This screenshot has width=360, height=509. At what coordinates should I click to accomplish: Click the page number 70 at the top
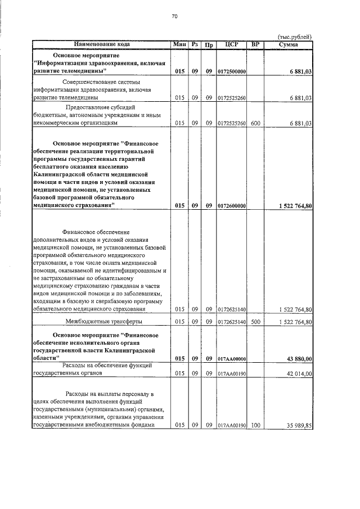click(174, 17)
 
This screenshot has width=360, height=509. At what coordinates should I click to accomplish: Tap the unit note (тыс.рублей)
click(295, 37)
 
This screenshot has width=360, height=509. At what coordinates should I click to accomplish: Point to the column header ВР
click(255, 44)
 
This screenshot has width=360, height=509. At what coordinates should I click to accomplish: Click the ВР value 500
click(255, 322)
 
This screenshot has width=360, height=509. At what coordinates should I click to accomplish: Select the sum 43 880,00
click(299, 358)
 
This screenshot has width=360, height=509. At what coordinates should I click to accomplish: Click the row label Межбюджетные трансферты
click(103, 322)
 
